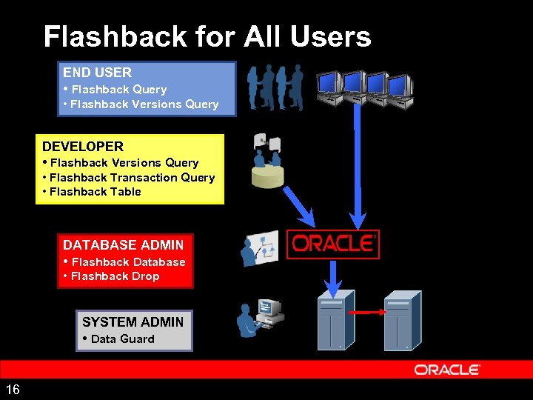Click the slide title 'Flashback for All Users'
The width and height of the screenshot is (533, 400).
(207, 36)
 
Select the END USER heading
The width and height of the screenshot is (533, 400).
(97, 73)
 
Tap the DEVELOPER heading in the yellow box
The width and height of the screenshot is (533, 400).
(83, 147)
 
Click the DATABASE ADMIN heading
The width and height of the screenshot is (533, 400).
(123, 244)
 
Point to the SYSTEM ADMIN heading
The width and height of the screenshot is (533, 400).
(133, 322)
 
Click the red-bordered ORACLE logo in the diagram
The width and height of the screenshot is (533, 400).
(333, 244)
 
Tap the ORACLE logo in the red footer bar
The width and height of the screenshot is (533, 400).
(447, 370)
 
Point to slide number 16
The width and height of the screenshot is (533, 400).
(13, 390)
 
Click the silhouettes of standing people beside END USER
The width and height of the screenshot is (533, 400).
(275, 87)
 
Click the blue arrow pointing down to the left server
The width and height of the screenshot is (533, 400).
(333, 276)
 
